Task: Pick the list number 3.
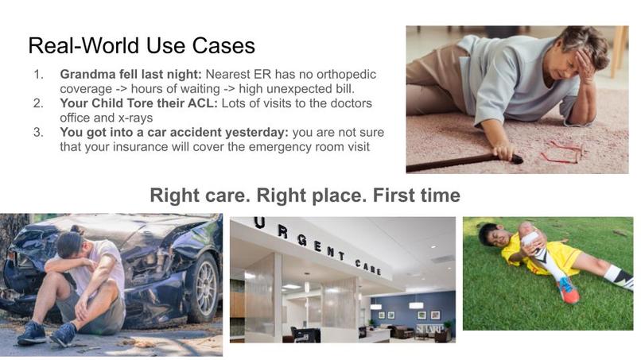pos(37,132)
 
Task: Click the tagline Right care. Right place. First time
pos(305,195)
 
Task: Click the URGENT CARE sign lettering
pos(317,246)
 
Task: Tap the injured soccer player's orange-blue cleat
pos(568,290)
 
